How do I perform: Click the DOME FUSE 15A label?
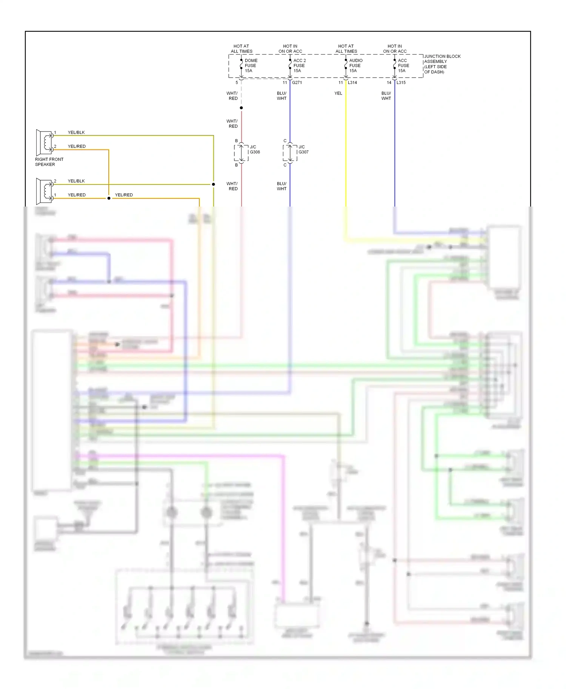pos(251,66)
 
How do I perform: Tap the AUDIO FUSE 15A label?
pos(355,66)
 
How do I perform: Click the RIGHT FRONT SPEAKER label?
pos(49,162)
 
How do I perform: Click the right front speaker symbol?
pos(45,142)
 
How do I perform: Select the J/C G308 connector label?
pos(255,150)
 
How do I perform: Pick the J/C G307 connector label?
pos(303,150)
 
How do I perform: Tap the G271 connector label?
pos(297,83)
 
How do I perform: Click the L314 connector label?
pos(352,83)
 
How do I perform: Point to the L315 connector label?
pos(401,83)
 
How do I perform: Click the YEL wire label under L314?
pos(338,93)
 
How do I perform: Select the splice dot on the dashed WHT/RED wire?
pos(241,108)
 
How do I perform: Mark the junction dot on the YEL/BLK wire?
pos(214,184)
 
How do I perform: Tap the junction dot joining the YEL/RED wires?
pos(109,198)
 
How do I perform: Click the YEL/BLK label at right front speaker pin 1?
pos(76,133)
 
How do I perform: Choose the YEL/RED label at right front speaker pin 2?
pos(77,147)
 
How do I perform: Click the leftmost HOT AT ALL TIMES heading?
pos(241,49)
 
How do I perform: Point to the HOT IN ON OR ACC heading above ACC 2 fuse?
pos(290,49)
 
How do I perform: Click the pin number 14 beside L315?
pos(389,83)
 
